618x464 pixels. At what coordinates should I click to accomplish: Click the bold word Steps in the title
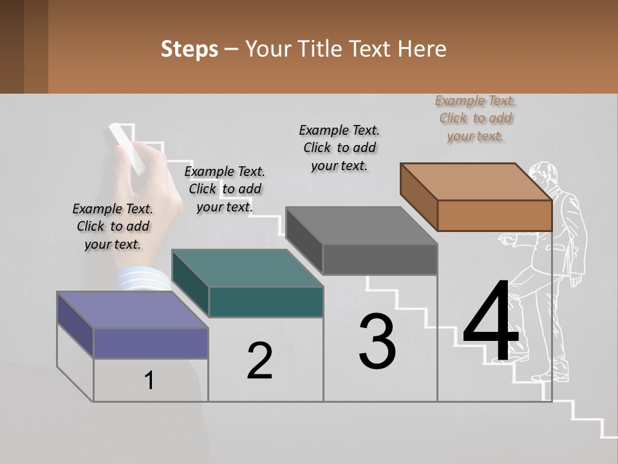(x=189, y=49)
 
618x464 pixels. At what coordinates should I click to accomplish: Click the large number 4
(x=491, y=322)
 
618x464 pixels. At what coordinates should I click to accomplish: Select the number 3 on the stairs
(x=377, y=342)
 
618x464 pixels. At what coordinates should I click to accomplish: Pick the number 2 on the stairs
(x=259, y=361)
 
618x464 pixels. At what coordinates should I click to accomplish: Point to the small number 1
(x=149, y=380)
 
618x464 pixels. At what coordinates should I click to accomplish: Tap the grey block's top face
(x=361, y=226)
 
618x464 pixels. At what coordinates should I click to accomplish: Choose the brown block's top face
(x=476, y=182)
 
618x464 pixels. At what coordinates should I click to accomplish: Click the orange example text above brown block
(x=475, y=118)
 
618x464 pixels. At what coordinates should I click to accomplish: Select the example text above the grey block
(x=339, y=148)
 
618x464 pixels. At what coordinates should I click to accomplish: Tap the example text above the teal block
(x=225, y=189)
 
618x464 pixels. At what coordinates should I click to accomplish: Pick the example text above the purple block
(x=113, y=226)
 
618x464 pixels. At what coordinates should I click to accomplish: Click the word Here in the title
(x=422, y=49)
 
